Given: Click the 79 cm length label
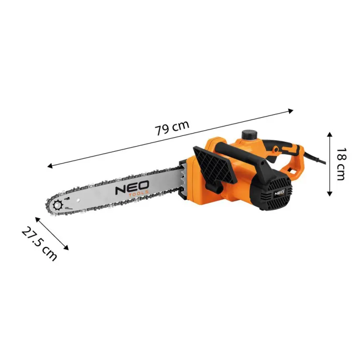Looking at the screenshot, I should click(x=172, y=128).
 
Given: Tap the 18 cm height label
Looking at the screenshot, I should click(x=340, y=164).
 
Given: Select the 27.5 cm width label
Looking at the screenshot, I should click(x=39, y=243).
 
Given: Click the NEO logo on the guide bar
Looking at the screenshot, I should click(x=132, y=186).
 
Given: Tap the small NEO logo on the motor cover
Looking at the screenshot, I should click(x=278, y=193).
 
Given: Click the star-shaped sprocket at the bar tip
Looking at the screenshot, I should click(x=58, y=206).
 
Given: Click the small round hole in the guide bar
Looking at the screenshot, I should click(x=69, y=198).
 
